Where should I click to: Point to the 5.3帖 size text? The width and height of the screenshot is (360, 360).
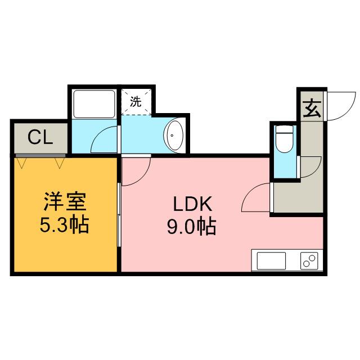coord(64,225)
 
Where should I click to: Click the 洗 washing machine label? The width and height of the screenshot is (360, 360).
coord(136,102)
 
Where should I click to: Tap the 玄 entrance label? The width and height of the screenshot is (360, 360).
coord(311,108)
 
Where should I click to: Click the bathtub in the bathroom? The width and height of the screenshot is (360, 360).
coord(93,102)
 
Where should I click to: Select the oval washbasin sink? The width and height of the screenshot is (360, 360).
coord(174,135)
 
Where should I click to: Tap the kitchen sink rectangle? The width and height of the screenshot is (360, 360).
coord(272,262)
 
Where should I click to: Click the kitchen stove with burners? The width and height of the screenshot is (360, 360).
coord(309,262)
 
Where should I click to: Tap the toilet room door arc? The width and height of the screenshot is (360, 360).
coord(308,165)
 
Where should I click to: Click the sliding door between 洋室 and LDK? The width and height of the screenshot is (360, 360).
coord(119,214)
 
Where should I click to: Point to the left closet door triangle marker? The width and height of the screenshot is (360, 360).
coord(22,163)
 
